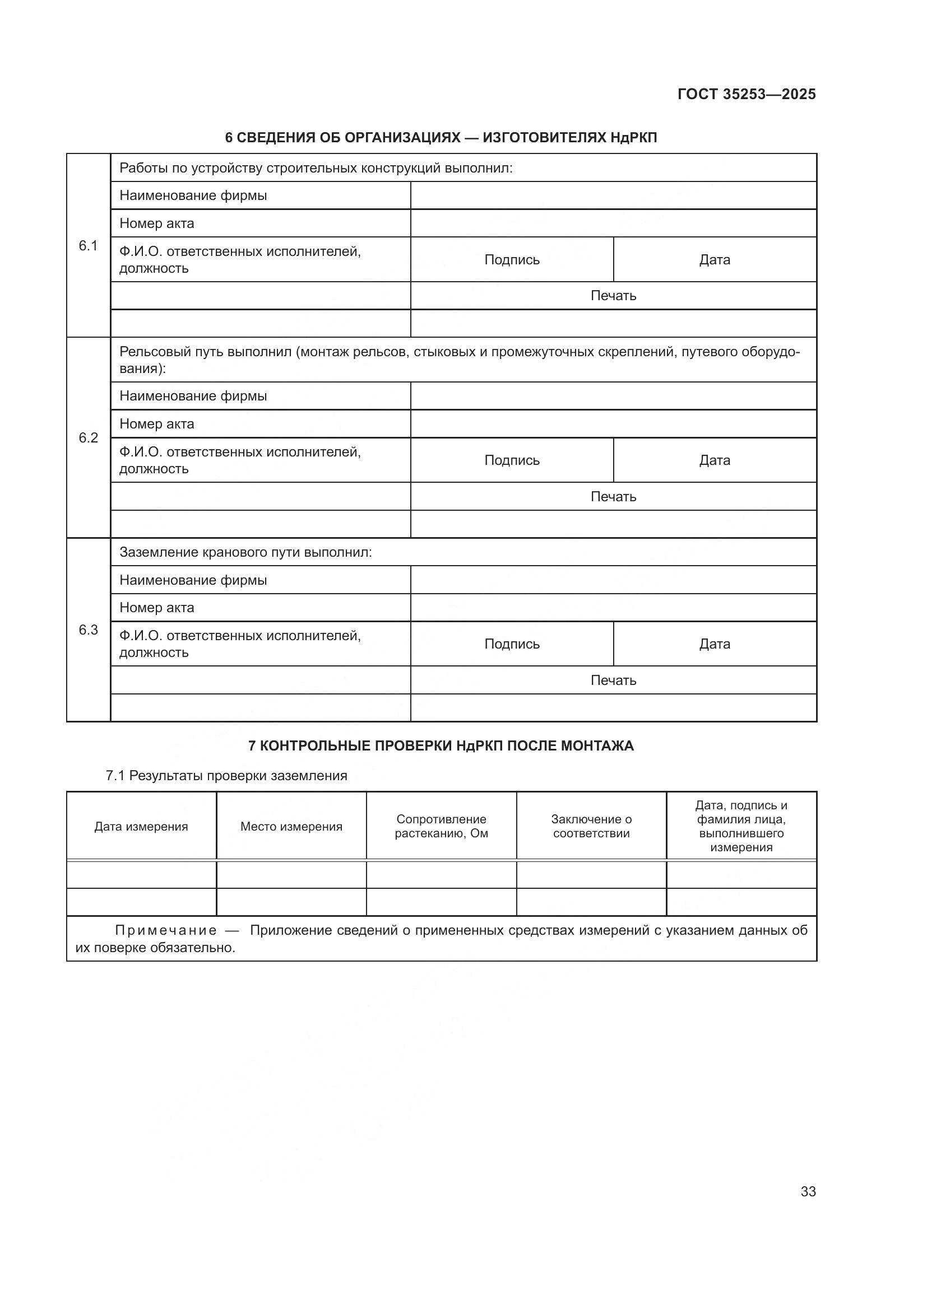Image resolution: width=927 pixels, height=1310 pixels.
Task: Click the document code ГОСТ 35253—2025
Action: [x=746, y=94]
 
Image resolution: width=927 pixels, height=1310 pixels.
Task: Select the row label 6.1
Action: [x=88, y=245]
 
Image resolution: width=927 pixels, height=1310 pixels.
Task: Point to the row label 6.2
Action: [x=88, y=437]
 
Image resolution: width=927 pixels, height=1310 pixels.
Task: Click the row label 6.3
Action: [x=88, y=630]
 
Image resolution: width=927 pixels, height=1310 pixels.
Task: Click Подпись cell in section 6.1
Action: [x=512, y=260]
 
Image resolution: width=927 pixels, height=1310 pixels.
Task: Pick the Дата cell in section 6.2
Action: [x=714, y=460]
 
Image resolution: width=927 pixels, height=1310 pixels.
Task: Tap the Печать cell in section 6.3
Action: [x=613, y=680]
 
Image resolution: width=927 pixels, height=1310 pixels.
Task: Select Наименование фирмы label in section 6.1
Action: [x=193, y=195]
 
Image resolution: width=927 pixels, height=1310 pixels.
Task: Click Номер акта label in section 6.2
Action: [x=156, y=424]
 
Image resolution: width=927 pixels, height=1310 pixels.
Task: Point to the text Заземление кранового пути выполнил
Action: [x=245, y=552]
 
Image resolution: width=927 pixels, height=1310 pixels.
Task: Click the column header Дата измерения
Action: [x=141, y=826]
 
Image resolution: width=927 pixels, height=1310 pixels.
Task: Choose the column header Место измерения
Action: [x=291, y=826]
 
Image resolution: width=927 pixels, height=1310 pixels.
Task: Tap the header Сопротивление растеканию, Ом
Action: [x=441, y=826]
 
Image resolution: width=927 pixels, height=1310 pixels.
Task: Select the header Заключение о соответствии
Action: [x=591, y=826]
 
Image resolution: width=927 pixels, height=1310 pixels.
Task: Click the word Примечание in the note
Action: [x=165, y=931]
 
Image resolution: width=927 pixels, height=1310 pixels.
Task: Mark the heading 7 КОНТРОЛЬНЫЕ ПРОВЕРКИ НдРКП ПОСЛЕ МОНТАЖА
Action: [x=441, y=745]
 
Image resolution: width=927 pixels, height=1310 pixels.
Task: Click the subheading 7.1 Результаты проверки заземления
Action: [x=226, y=775]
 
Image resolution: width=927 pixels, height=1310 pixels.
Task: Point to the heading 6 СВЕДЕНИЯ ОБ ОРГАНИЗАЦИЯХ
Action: [x=441, y=138]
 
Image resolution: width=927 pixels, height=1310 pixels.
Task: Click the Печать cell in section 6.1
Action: [x=613, y=296]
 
